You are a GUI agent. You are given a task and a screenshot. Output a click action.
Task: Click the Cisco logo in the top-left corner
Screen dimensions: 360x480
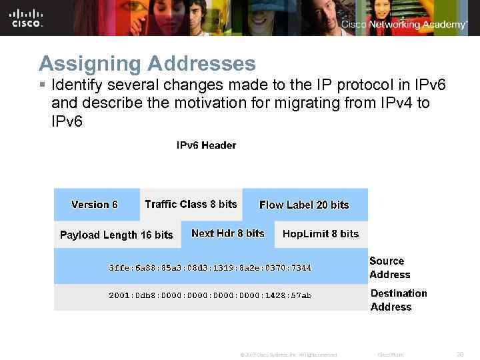click(26, 18)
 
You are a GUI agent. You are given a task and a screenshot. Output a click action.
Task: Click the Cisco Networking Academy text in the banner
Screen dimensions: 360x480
click(404, 25)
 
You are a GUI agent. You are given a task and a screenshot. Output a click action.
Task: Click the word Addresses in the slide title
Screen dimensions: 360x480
click(201, 63)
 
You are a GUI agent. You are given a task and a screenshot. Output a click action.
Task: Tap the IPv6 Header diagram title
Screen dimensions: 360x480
click(206, 145)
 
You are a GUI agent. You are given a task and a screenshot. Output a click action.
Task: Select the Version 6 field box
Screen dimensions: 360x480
click(95, 205)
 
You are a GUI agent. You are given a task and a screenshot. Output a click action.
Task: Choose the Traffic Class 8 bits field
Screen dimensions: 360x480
click(191, 204)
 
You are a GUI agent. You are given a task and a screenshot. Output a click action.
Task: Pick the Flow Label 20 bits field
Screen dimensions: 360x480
click(304, 205)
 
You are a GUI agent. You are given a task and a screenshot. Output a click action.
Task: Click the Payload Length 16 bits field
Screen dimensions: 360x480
click(116, 235)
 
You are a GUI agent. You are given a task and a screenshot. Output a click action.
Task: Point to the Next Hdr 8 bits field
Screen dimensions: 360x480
click(227, 233)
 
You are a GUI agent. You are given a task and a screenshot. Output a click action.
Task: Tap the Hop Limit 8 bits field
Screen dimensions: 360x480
click(321, 233)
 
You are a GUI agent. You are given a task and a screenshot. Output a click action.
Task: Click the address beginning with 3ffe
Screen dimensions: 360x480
click(209, 267)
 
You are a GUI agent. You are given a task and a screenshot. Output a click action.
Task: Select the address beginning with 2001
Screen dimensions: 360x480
click(209, 295)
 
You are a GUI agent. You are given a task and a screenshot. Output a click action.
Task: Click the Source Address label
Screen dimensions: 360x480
click(390, 267)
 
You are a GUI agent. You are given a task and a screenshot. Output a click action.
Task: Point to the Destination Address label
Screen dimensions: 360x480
click(399, 300)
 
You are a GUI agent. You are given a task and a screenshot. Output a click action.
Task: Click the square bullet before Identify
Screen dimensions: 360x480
click(42, 86)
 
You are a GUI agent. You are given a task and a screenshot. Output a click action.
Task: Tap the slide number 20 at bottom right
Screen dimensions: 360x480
click(459, 355)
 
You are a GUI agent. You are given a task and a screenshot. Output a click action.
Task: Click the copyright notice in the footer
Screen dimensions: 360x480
click(288, 355)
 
